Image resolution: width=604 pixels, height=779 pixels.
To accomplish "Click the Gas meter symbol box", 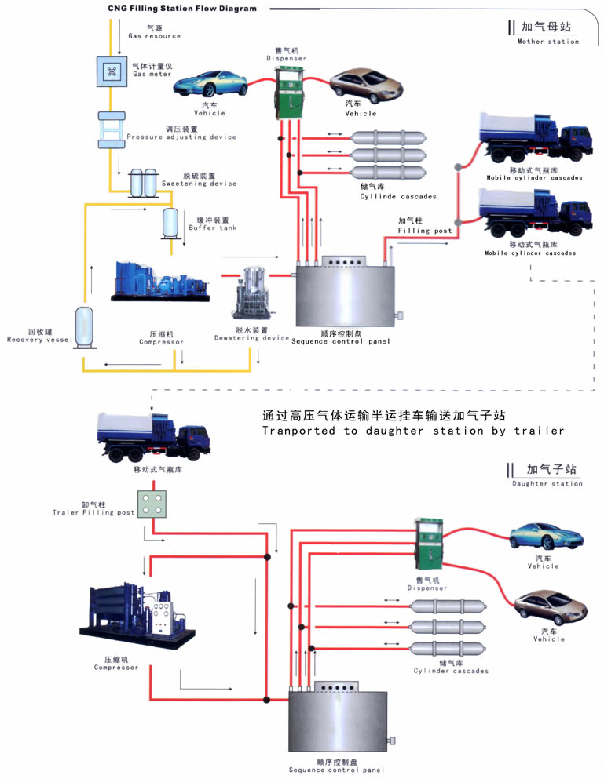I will (x=111, y=71).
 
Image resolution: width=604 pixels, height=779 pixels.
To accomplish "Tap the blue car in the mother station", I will (x=210, y=83).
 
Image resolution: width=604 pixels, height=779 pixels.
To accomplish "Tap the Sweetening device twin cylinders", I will (x=142, y=183).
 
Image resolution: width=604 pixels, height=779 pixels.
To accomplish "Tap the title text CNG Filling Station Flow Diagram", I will (x=182, y=9).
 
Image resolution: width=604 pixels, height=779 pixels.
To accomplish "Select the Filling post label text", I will (x=425, y=226).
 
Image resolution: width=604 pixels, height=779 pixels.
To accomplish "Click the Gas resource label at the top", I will (x=154, y=32).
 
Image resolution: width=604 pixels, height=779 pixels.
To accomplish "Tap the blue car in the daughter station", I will (x=547, y=537).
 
